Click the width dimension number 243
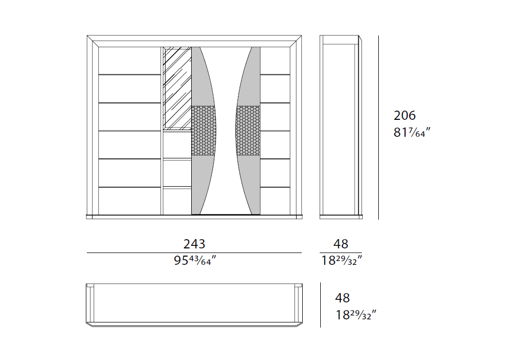(194, 244)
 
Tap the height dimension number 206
(405, 115)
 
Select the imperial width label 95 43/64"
(195, 260)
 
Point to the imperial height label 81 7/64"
(411, 133)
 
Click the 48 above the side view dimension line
(341, 244)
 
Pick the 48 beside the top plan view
(342, 298)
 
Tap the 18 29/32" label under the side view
(341, 260)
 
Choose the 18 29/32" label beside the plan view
(356, 315)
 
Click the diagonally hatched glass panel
(177, 88)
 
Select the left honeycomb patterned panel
(204, 131)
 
